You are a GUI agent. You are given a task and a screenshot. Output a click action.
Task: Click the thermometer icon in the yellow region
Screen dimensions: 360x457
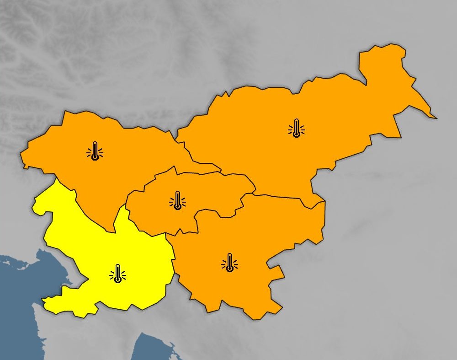(x=118, y=274)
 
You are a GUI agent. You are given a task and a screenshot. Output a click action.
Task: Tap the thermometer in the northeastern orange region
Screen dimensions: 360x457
(x=296, y=128)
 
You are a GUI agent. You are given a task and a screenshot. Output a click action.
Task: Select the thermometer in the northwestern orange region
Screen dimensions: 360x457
(x=95, y=150)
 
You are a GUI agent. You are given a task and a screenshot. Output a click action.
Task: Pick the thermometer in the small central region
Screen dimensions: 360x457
(x=177, y=200)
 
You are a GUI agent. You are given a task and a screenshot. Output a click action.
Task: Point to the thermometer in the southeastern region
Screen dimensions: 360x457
(x=229, y=263)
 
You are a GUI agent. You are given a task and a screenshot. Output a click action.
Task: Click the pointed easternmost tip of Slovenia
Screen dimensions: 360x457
(x=436, y=118)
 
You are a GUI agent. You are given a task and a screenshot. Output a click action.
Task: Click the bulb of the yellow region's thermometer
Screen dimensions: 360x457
(x=118, y=279)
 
